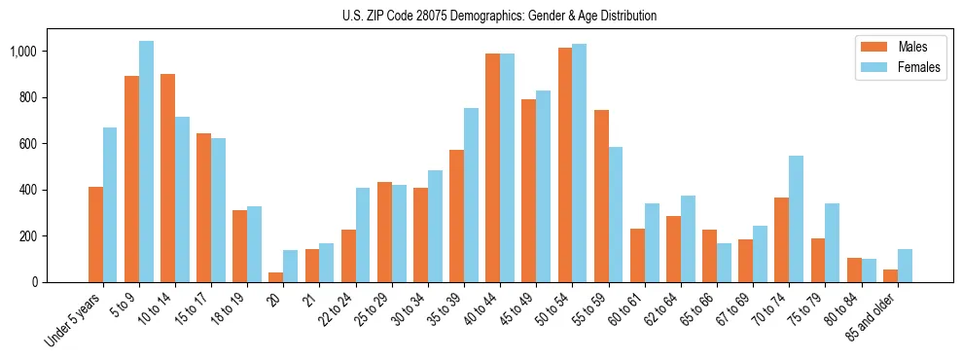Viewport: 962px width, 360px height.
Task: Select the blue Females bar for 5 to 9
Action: tap(146, 162)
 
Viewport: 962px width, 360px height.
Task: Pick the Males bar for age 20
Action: tap(276, 277)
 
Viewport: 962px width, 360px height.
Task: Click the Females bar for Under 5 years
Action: tap(110, 204)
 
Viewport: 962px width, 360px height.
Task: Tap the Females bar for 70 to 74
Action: tap(796, 219)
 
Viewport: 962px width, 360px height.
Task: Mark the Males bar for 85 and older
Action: tap(890, 275)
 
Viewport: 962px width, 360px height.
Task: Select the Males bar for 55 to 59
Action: tap(601, 196)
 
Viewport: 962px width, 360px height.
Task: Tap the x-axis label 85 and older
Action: tap(872, 321)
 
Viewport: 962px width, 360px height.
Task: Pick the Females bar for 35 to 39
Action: tap(471, 195)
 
